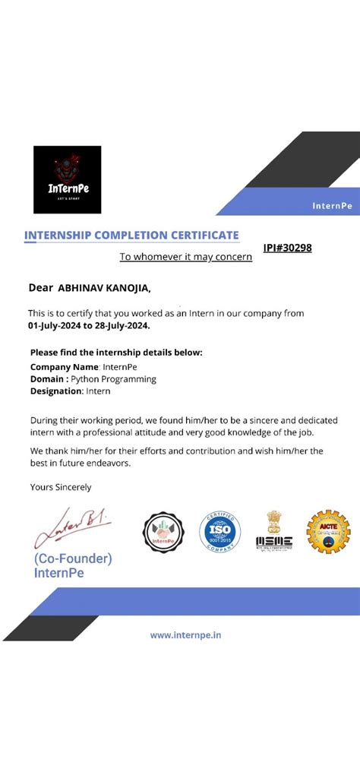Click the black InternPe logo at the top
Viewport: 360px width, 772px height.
pos(67,179)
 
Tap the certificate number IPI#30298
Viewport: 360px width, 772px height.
pos(287,248)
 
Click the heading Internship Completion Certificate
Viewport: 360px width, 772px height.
pos(131,236)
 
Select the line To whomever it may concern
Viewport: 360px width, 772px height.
pos(185,257)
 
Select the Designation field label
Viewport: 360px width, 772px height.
pos(55,391)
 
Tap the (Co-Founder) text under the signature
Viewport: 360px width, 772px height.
pos(73,558)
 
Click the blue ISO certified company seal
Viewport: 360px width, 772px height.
pos(220,532)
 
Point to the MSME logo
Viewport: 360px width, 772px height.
pos(274,532)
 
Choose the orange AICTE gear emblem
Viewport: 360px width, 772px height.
pos(328,531)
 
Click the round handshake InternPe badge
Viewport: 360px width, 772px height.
pos(163,532)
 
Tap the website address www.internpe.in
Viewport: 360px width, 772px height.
pos(185,634)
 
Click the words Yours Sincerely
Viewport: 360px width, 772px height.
pos(60,487)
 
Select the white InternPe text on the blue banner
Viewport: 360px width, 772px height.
pos(332,206)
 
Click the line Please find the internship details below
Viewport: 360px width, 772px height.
pos(116,353)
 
